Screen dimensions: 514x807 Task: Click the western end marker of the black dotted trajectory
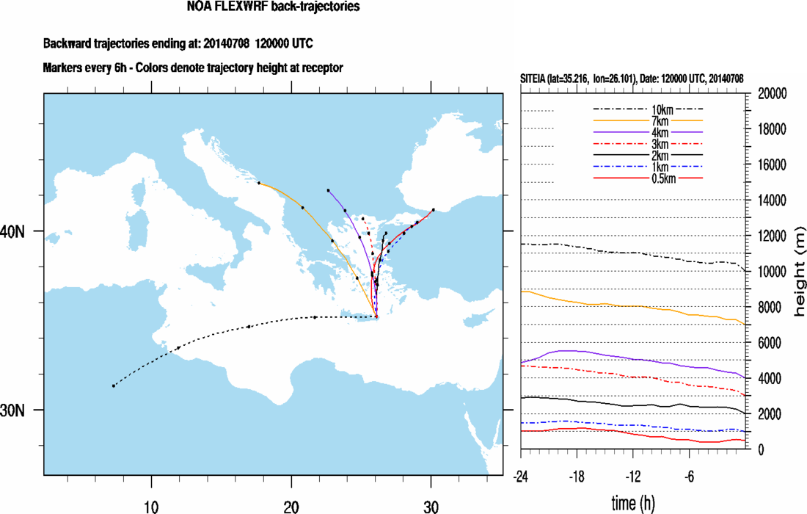[x=114, y=385]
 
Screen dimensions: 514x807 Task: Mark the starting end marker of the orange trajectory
[x=259, y=183]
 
